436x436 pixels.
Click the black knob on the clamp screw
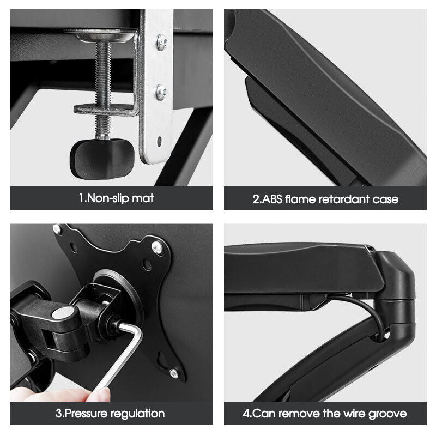[102, 159]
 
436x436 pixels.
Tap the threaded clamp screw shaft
[103, 89]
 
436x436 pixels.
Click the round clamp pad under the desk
[100, 36]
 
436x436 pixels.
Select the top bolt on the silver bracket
[162, 42]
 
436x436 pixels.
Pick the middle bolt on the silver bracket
[161, 92]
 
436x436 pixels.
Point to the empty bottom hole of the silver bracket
[159, 141]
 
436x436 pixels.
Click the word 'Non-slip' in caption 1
[104, 198]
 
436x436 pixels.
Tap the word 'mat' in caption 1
[143, 198]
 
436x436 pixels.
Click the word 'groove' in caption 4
[387, 414]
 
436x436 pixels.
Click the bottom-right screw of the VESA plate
[174, 373]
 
